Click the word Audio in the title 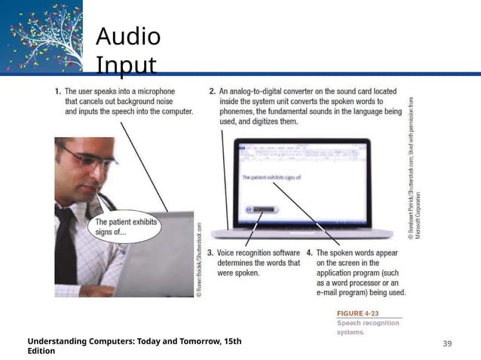tap(128, 36)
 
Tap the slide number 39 tap(447, 343)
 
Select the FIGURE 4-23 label tap(357, 313)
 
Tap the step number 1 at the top tap(58, 90)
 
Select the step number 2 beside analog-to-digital tap(213, 90)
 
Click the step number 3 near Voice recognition tap(210, 253)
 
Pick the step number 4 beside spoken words tap(310, 253)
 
